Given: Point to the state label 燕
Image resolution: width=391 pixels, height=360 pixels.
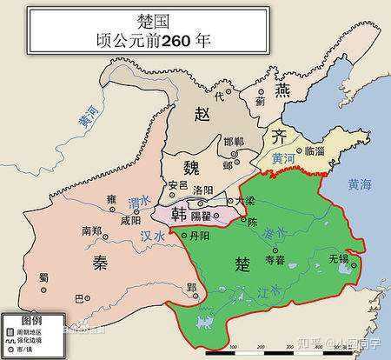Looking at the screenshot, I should click(x=282, y=90).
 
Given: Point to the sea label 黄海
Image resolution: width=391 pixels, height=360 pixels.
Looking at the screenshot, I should click(x=359, y=184).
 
